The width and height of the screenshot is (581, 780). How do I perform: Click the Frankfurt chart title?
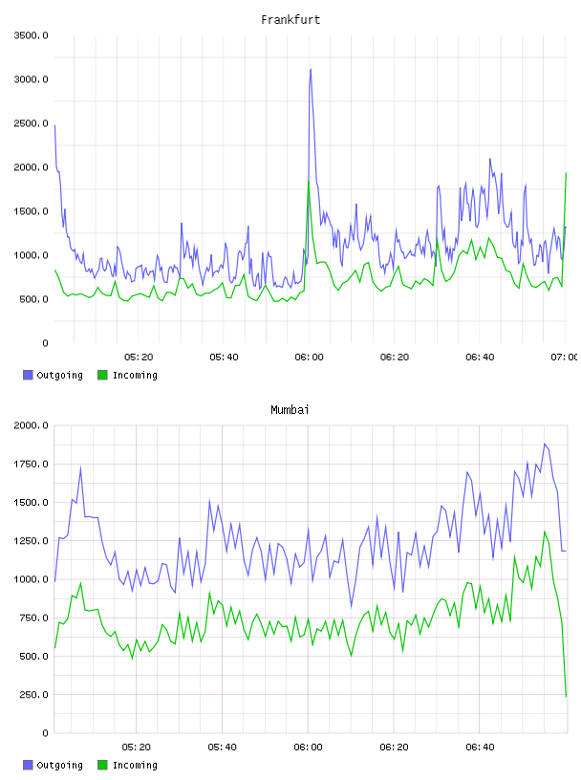(x=290, y=20)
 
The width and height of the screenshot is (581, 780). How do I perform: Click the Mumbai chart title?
(x=290, y=410)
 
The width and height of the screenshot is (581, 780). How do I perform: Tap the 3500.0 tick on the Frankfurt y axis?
(x=31, y=35)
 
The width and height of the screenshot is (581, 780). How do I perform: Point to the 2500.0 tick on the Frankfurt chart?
(x=31, y=123)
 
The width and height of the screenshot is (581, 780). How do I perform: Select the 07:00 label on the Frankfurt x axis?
(x=565, y=357)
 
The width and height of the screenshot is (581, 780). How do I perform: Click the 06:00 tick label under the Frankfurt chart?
(x=309, y=357)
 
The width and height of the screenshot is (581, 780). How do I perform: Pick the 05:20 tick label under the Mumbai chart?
(x=137, y=747)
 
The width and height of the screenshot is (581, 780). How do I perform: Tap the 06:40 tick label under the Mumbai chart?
(x=480, y=747)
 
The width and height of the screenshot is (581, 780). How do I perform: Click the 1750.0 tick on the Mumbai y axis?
(x=31, y=465)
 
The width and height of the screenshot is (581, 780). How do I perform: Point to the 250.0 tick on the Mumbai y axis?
(x=33, y=694)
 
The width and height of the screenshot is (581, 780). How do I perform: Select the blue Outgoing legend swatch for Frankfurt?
(x=28, y=375)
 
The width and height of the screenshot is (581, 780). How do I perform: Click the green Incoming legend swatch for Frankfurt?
(x=102, y=375)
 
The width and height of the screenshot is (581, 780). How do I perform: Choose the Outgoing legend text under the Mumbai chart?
(x=59, y=765)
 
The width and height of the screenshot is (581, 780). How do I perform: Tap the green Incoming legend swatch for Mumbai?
(x=102, y=765)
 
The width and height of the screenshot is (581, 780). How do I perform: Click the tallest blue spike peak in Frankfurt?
(x=311, y=70)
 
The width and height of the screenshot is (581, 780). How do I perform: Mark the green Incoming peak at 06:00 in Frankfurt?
(x=309, y=182)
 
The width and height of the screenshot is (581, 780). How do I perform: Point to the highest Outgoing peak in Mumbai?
(x=545, y=444)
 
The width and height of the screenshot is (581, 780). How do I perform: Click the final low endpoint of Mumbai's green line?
(x=566, y=697)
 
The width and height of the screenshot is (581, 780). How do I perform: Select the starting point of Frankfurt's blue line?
(x=54, y=125)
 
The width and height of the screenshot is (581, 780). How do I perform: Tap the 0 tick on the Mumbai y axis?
(x=45, y=733)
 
